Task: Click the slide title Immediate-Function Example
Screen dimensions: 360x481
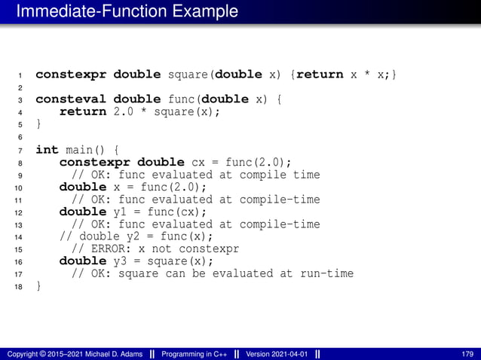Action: point(127,12)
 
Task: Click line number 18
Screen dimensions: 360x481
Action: point(20,286)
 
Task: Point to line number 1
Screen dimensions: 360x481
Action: point(20,75)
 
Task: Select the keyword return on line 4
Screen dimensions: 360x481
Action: point(82,112)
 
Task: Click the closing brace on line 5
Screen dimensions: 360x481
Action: point(39,124)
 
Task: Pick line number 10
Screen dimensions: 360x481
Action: point(20,187)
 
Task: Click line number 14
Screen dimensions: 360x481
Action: point(20,236)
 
